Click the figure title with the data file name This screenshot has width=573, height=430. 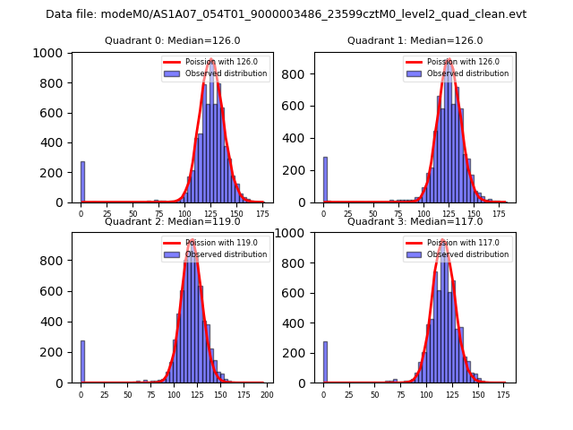coord(286,14)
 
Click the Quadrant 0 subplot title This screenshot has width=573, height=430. coord(173,40)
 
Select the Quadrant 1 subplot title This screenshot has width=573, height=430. coord(415,40)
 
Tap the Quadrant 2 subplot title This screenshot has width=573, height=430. coord(173,221)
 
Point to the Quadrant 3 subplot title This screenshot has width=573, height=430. coord(415,221)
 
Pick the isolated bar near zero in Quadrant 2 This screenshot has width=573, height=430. coord(82,361)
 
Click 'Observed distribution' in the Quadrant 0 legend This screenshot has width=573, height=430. coord(226,73)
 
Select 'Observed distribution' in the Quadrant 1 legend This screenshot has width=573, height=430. coord(468,73)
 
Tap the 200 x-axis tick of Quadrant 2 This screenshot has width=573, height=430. coord(266,394)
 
